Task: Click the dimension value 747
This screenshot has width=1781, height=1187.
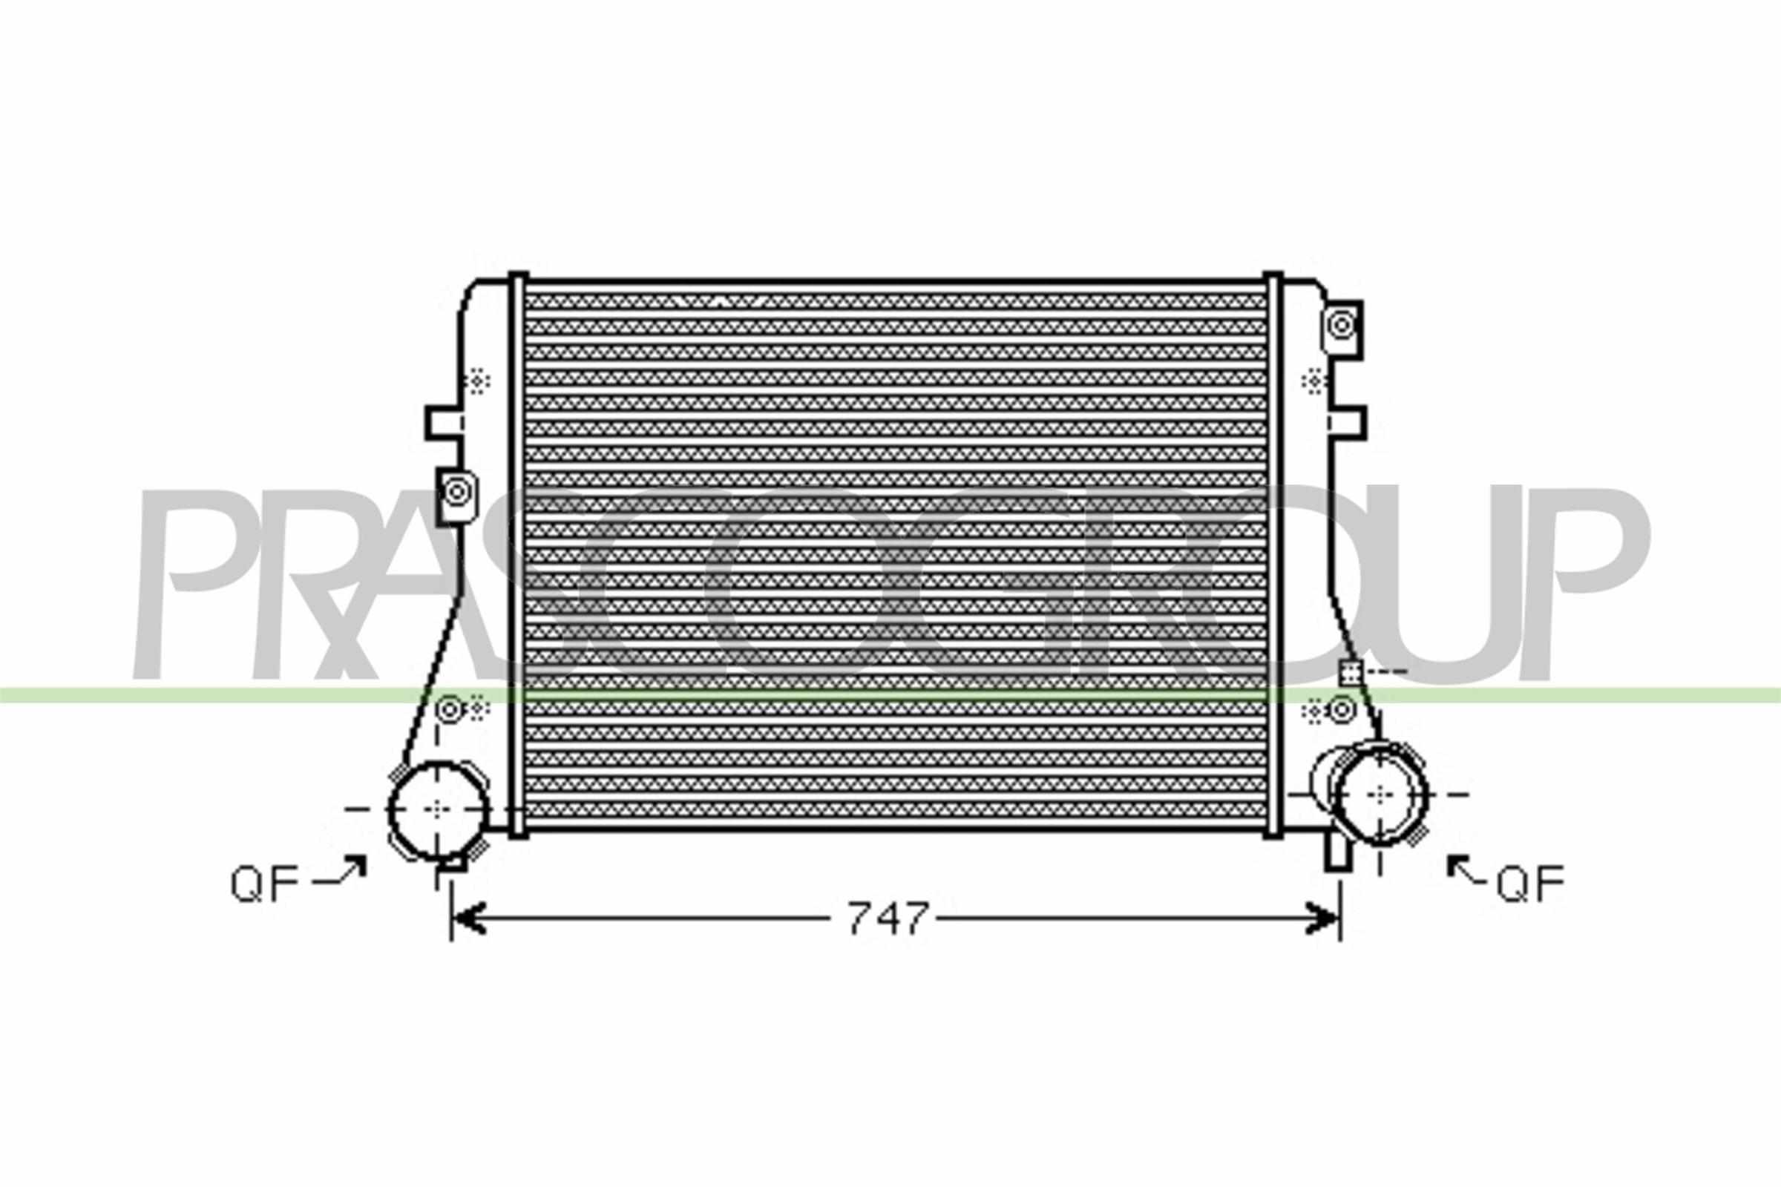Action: pyautogui.click(x=888, y=919)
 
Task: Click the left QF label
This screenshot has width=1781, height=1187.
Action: pyautogui.click(x=264, y=884)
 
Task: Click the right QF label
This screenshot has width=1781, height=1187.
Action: pyautogui.click(x=1529, y=884)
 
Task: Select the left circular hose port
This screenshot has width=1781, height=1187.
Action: pyautogui.click(x=437, y=809)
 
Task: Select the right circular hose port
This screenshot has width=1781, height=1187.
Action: pyautogui.click(x=1381, y=794)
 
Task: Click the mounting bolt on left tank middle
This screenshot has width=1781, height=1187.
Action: pyautogui.click(x=456, y=493)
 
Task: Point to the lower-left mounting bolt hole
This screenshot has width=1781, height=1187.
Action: pyautogui.click(x=449, y=710)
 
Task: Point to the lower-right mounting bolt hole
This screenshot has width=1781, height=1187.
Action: pyautogui.click(x=1342, y=710)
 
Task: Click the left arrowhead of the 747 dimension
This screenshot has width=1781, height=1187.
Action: pyautogui.click(x=467, y=918)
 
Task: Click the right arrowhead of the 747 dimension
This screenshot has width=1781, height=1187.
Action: pyautogui.click(x=1325, y=918)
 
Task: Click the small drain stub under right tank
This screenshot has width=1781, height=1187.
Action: pyautogui.click(x=1337, y=852)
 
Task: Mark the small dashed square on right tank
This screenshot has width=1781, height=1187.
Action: pyautogui.click(x=1350, y=671)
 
